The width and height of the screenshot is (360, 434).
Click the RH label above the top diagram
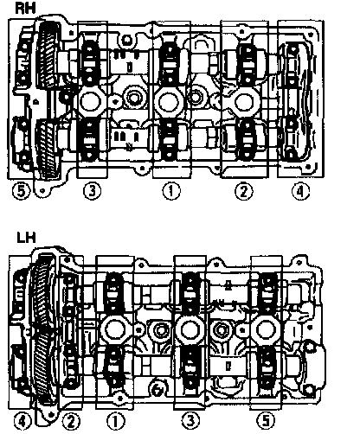click(25, 8)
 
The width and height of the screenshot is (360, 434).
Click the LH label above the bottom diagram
click(26, 238)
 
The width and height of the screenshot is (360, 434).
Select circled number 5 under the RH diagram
click(21, 191)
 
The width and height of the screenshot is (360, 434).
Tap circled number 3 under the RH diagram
click(92, 191)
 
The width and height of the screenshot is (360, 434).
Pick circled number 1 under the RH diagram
click(171, 191)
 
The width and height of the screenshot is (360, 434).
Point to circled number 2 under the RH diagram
click(244, 191)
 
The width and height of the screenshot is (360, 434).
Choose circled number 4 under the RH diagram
click(300, 191)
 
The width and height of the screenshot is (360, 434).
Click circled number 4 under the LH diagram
click(22, 422)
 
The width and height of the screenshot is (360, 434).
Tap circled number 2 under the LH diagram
click(71, 422)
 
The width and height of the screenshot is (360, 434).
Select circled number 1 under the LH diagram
click(116, 422)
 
